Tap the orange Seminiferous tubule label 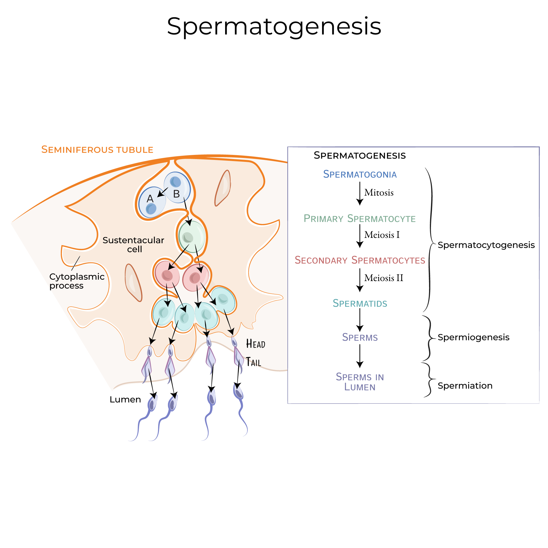click(x=97, y=150)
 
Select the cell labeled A click(x=152, y=202)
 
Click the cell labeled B click(x=177, y=187)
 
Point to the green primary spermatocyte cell click(x=192, y=237)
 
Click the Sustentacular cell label click(x=133, y=245)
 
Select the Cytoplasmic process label click(x=77, y=281)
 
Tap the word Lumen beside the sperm click(x=125, y=400)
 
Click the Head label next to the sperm click(x=255, y=344)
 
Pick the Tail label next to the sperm click(x=253, y=362)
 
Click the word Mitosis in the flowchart click(x=379, y=193)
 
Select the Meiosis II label click(x=383, y=278)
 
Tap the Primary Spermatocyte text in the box click(x=359, y=219)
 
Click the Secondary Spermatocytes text click(x=360, y=260)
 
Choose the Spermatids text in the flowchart click(x=360, y=303)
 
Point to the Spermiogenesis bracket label click(x=473, y=337)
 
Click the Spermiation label click(x=465, y=386)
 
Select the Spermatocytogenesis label click(x=486, y=245)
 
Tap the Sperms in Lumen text click(x=360, y=382)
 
